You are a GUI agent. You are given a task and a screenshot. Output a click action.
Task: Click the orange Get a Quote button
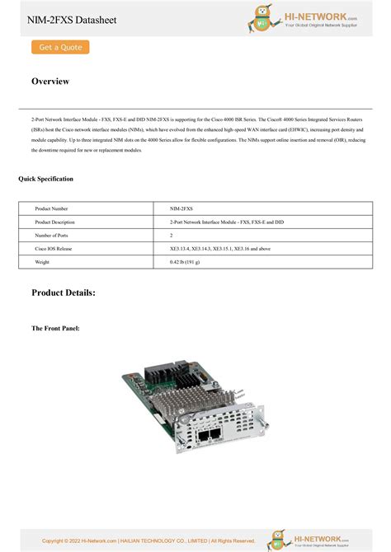tap(60, 48)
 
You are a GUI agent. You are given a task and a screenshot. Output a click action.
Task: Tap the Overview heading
tap(50, 82)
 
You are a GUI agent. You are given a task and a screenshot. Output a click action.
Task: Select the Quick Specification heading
tap(45, 179)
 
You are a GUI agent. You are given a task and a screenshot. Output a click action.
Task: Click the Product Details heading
tap(64, 292)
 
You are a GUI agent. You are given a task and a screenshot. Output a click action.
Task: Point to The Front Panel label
tap(55, 328)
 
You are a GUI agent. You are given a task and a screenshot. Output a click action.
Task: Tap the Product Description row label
tap(54, 222)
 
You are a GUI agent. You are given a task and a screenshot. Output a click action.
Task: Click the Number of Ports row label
tap(52, 236)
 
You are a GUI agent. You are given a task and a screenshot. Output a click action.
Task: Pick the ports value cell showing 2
tap(172, 236)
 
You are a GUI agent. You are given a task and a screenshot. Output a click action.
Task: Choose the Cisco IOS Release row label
tap(54, 248)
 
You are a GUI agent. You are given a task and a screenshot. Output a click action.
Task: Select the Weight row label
tap(42, 261)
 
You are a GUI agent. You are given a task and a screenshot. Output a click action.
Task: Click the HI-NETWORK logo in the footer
tap(322, 540)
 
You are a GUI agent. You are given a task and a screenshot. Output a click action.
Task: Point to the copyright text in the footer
tap(148, 540)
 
